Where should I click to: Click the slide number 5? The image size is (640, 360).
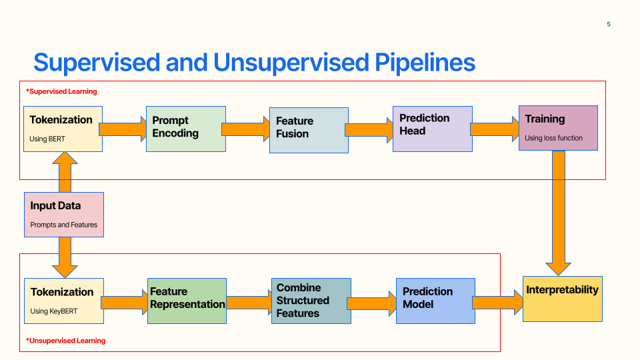(x=608, y=25)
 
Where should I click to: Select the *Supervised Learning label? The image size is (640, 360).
(x=61, y=91)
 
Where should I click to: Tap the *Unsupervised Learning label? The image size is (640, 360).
(x=66, y=341)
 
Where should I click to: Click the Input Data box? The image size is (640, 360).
(x=64, y=215)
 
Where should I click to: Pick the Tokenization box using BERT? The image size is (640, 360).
(x=63, y=129)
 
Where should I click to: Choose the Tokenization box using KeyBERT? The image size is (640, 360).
(x=64, y=301)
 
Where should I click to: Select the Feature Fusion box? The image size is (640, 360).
(x=309, y=130)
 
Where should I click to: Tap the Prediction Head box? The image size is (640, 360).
(x=432, y=129)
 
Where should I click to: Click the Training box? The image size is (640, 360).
(x=558, y=127)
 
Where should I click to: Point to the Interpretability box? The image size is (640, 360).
(x=562, y=299)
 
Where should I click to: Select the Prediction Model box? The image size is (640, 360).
(x=435, y=301)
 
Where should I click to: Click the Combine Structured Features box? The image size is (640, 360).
(x=311, y=301)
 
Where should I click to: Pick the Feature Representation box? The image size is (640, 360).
(x=187, y=301)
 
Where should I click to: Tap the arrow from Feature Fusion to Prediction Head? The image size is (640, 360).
(x=371, y=129)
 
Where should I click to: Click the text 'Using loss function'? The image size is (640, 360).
(x=553, y=138)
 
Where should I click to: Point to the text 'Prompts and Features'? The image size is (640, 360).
(x=64, y=225)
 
